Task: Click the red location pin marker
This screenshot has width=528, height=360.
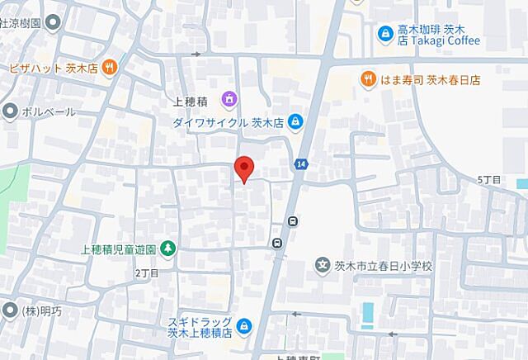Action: coord(243,168)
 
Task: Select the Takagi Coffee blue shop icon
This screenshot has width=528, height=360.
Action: coord(384,34)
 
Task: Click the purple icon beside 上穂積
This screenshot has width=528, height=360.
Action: coord(229,100)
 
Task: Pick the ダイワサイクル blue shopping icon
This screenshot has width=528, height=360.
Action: coord(295,122)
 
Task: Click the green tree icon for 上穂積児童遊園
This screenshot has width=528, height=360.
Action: coord(167,247)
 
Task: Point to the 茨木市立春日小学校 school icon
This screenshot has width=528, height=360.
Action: coord(324,266)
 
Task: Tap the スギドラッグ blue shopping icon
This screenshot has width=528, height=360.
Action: coord(242,327)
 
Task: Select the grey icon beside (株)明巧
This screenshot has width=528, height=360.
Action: coord(8,311)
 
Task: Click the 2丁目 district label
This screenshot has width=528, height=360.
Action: coord(145,272)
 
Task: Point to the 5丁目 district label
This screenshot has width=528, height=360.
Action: coord(488,179)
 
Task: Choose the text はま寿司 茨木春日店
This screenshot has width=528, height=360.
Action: coord(431,80)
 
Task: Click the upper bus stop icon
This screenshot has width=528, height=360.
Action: coord(293,220)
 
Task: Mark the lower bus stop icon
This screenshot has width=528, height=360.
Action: coord(277,243)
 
